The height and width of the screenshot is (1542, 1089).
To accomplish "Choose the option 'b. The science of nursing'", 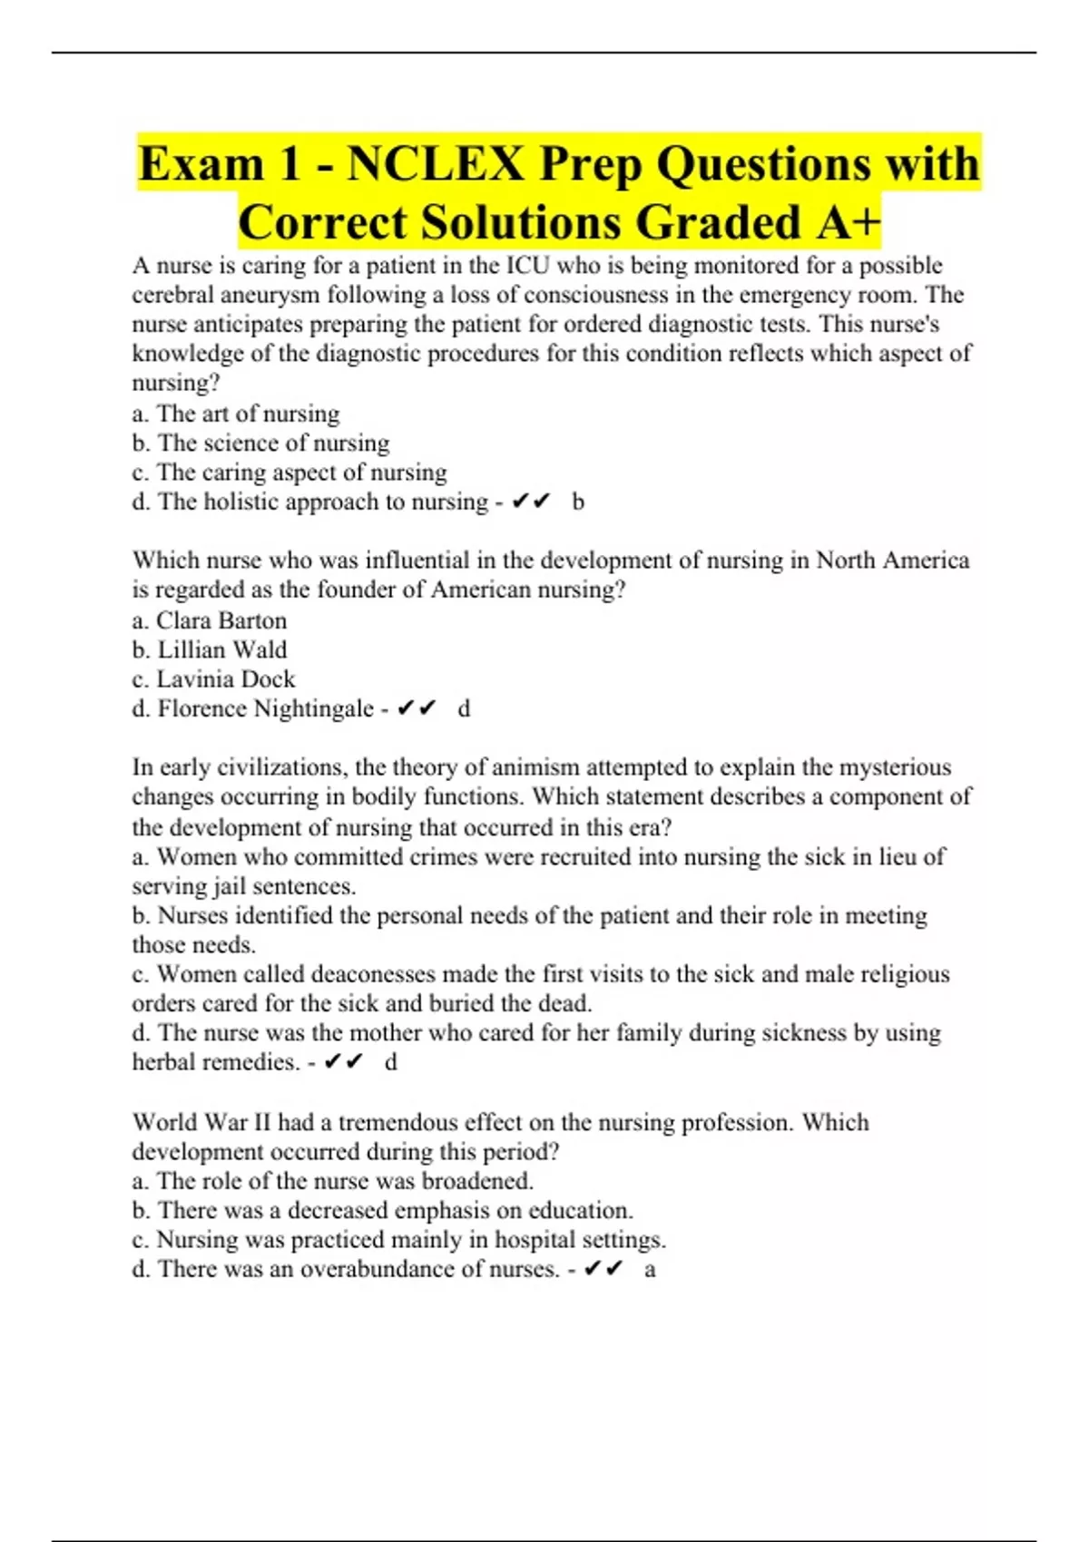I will point(260,443).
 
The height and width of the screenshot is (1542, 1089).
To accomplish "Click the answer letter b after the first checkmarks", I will point(578,502).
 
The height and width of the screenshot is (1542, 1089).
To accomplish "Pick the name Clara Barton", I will point(221,620).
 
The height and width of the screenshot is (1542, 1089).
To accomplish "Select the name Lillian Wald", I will point(222,649).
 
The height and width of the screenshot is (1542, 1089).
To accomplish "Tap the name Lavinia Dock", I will point(226,678).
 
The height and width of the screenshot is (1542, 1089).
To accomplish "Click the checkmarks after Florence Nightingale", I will point(417,708).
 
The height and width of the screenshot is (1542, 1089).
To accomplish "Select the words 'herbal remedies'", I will point(215,1062).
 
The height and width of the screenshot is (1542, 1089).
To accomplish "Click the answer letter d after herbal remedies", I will point(391,1062).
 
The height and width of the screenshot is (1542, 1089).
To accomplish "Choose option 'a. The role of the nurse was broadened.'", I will point(333,1181).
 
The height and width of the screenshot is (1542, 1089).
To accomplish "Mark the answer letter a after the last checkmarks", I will point(650,1269).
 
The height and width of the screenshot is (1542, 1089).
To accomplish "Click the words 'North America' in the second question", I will point(893,561).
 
